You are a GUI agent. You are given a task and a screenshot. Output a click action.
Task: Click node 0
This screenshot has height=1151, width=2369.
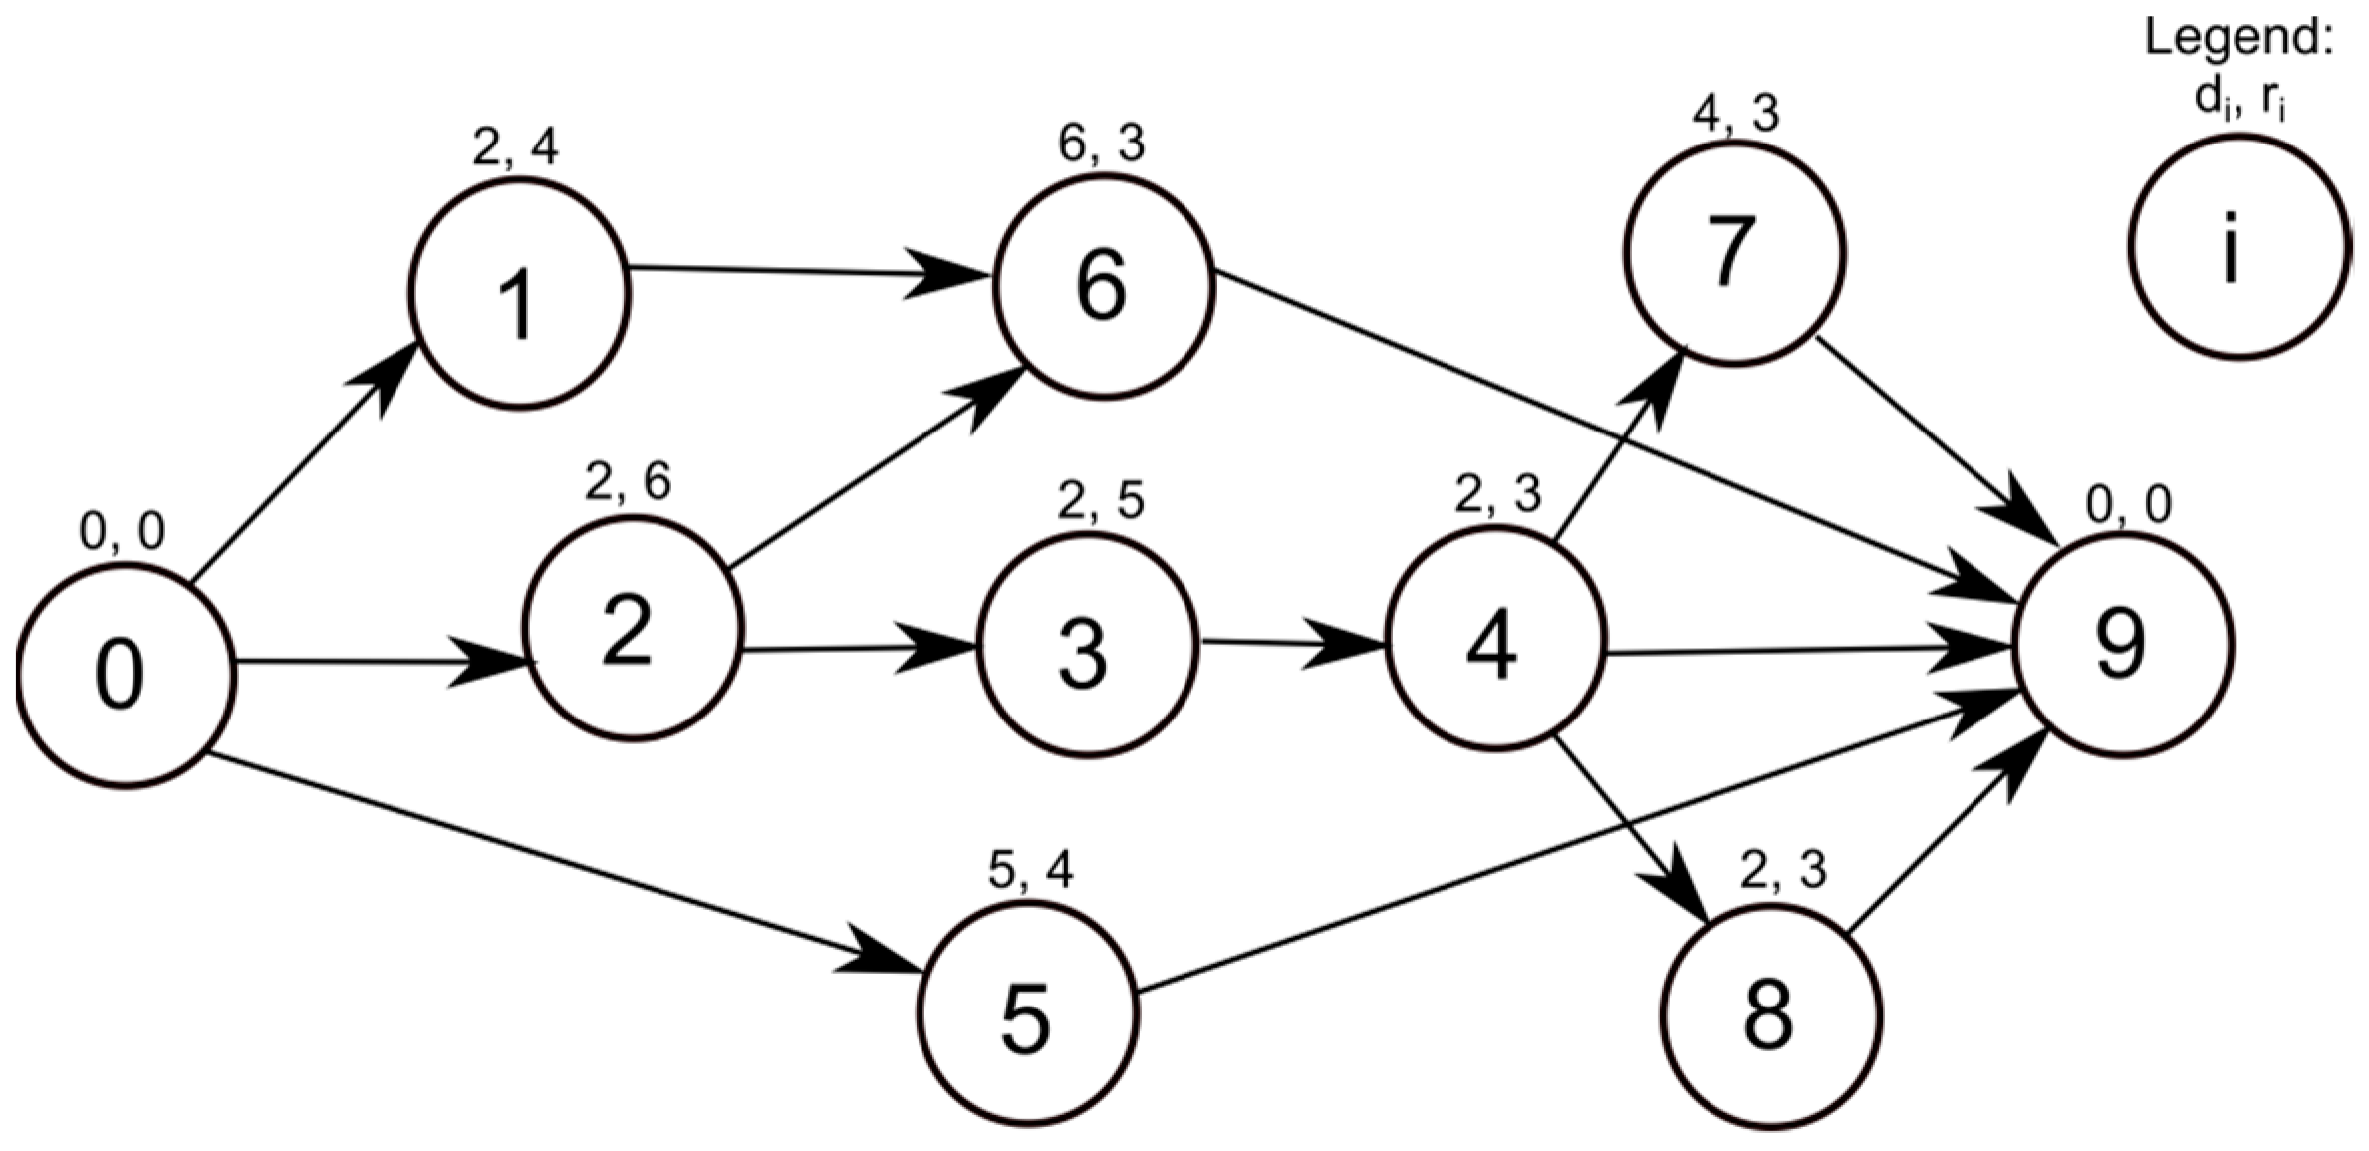coord(125,676)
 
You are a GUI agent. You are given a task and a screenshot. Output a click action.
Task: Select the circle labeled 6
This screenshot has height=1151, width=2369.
coord(1103,286)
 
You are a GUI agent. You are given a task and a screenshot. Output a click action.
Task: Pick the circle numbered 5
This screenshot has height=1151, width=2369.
coord(1026,1013)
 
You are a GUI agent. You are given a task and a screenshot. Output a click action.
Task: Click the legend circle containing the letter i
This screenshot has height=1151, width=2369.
coord(2238,246)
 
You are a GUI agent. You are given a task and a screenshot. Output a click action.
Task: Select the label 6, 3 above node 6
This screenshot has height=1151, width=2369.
coord(1101,144)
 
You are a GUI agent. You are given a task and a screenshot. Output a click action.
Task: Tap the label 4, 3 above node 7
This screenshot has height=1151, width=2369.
coord(1735,114)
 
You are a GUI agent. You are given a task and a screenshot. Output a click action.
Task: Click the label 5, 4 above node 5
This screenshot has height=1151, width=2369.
coord(1030,871)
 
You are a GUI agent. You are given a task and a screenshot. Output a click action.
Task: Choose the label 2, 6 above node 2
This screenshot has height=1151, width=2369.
coord(628,482)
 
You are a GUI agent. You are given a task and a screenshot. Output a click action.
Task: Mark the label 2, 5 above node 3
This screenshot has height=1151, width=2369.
coord(1100,501)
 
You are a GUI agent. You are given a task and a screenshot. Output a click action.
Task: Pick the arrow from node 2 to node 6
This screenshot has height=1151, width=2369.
coord(877,468)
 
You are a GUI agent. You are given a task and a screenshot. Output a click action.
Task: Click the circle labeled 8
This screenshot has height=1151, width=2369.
coord(1771,1016)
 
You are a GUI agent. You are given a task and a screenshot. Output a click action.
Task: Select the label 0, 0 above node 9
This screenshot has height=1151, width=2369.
coord(2129,506)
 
